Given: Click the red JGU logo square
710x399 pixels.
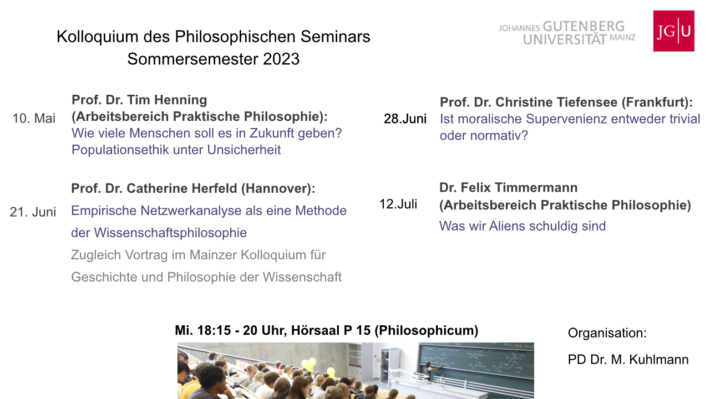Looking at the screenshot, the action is pos(673,30).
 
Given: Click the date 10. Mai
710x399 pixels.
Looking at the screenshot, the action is pos(34,119).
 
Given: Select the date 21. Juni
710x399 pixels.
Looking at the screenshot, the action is pos(33,212).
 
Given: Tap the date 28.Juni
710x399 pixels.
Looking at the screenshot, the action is pos(405,119).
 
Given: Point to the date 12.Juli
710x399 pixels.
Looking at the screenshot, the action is pos(398,204).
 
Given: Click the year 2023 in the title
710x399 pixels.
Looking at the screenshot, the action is pos(281,59).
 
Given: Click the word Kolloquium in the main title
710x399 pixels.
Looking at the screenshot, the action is pos(97,37).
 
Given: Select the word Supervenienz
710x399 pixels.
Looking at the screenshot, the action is pos(566,119).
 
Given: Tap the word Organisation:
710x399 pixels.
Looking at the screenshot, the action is pos(607,333).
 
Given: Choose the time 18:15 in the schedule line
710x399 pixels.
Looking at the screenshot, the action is pos(214,330).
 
